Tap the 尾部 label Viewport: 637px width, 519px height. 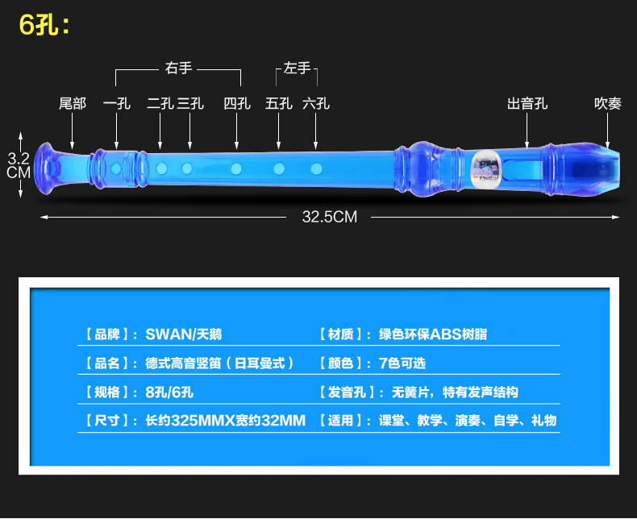pyautogui.click(x=73, y=104)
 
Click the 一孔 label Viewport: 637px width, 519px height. pyautogui.click(x=117, y=104)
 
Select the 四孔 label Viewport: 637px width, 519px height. pyautogui.click(x=237, y=104)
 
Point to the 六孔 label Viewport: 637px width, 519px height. pyautogui.click(x=316, y=104)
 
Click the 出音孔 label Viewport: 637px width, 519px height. pyautogui.click(x=527, y=104)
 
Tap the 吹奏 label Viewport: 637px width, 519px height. pyautogui.click(x=608, y=104)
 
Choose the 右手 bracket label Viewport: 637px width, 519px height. pyautogui.click(x=179, y=69)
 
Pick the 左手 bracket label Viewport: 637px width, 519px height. pyautogui.click(x=298, y=69)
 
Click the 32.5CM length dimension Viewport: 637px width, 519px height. pyautogui.click(x=329, y=216)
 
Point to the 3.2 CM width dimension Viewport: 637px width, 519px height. pyautogui.click(x=19, y=164)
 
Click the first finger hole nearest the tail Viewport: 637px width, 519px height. pyautogui.click(x=117, y=168)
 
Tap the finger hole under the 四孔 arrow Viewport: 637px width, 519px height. pyautogui.click(x=236, y=168)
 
